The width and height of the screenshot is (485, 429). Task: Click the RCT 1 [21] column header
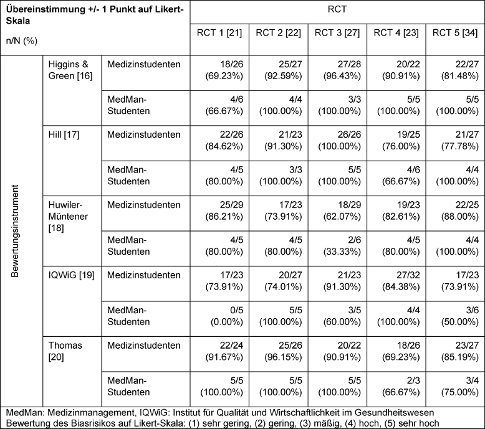pyautogui.click(x=219, y=33)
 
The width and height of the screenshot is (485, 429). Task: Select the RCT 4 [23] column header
pyautogui.click(x=396, y=33)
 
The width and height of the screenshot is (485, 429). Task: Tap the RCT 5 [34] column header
pyautogui.click(x=455, y=33)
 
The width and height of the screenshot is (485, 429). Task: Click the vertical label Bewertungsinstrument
pyautogui.click(x=15, y=231)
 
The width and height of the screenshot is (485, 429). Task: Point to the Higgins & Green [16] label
pyautogui.click(x=70, y=70)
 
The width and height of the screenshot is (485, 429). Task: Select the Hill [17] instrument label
pyautogui.click(x=64, y=134)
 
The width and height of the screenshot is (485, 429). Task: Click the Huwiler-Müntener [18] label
pyautogui.click(x=68, y=217)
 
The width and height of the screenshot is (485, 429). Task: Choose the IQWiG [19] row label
pyautogui.click(x=72, y=275)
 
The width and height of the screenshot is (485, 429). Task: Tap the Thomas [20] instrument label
pyautogui.click(x=65, y=351)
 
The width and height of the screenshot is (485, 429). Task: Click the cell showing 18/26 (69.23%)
pyautogui.click(x=224, y=70)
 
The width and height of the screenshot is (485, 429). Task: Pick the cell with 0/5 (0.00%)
pyautogui.click(x=227, y=316)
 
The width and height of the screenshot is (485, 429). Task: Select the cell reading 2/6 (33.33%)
pyautogui.click(x=342, y=246)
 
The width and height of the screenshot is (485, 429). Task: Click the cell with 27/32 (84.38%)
pyautogui.click(x=401, y=281)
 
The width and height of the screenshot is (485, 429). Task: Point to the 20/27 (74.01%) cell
pyautogui.click(x=283, y=281)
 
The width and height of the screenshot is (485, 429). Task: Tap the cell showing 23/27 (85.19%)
pyautogui.click(x=460, y=351)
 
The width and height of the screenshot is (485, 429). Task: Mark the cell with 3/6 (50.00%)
pyautogui.click(x=460, y=316)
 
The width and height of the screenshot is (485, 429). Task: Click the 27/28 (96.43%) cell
pyautogui.click(x=342, y=70)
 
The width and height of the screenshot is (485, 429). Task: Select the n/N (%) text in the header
pyautogui.click(x=22, y=40)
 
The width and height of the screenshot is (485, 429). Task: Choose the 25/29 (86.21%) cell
pyautogui.click(x=224, y=210)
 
